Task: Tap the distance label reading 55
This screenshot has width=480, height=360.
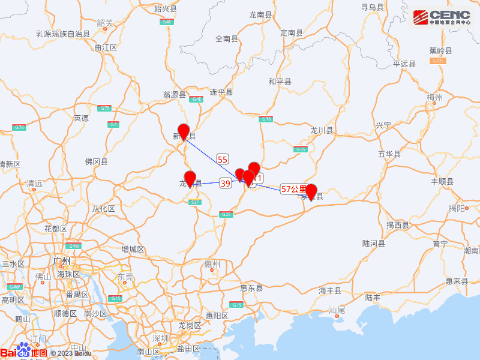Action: pos(223,159)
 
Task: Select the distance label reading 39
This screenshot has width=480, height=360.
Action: pos(226,183)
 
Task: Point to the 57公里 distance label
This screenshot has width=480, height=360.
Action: pos(293,189)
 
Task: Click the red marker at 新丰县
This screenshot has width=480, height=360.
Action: pos(184,132)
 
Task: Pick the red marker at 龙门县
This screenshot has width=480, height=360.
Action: pos(190,179)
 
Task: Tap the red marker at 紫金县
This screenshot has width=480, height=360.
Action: pos(311,192)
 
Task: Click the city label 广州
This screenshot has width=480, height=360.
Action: pos(62,261)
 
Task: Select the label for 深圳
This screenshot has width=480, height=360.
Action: pos(161,337)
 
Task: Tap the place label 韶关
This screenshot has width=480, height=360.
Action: pos(104,23)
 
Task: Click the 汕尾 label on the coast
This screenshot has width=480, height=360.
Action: pos(337,310)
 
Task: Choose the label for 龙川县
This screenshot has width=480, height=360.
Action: pos(322,130)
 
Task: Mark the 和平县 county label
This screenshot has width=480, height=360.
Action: pos(280,82)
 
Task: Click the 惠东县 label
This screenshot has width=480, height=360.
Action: pos(251,288)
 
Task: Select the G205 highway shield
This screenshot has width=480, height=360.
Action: pos(438,61)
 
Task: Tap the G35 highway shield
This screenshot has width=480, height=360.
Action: pos(301,149)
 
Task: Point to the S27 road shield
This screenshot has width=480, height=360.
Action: pos(194,202)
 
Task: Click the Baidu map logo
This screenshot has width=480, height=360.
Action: pos(24,352)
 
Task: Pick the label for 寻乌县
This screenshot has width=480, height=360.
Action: pos(372,7)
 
